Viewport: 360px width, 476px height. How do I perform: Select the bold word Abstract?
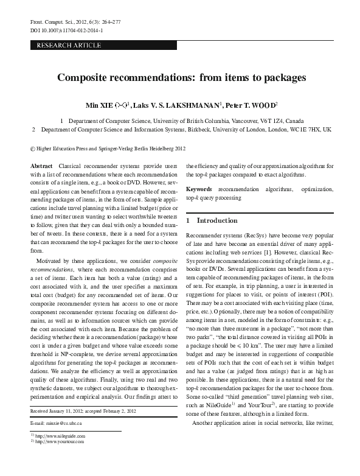(x=41, y=166)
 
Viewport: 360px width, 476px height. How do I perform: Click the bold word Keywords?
(x=199, y=189)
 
